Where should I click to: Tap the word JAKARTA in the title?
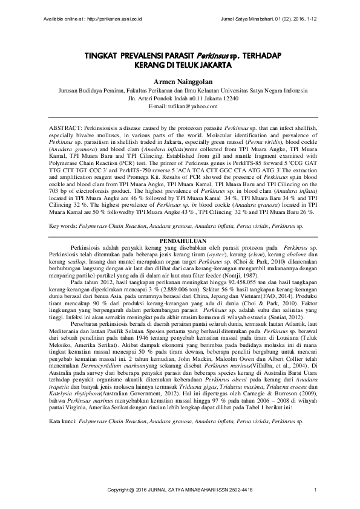tap(208, 63)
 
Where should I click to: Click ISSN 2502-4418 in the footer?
tap(234, 488)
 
